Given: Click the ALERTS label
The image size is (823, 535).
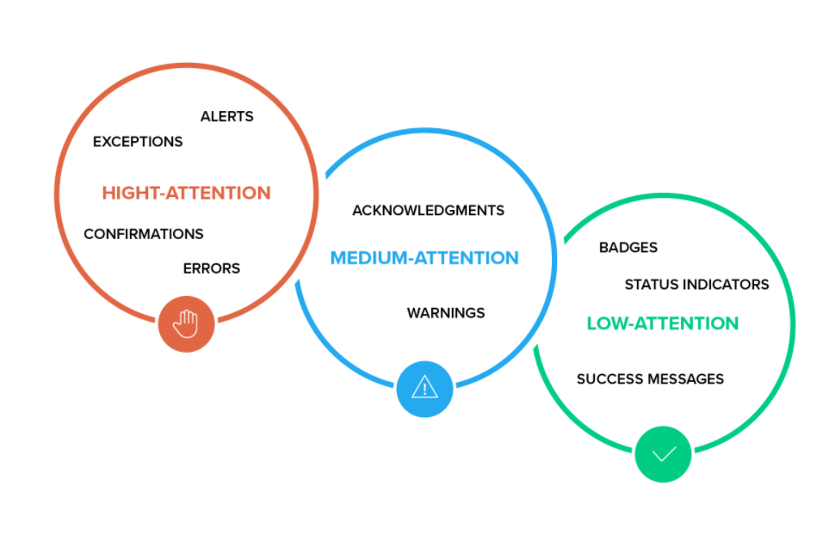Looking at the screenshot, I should point(226,116).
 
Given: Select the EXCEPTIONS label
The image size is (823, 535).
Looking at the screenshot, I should point(138,141).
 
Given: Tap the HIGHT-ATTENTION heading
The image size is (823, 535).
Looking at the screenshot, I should point(186,193).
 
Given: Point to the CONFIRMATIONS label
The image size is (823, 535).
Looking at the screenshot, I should point(144,234).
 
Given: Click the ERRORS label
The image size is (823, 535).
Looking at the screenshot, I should point(211,268).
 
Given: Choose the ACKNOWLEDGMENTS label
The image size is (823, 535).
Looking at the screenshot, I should point(428,210).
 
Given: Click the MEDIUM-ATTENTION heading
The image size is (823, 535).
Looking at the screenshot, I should point(424,257).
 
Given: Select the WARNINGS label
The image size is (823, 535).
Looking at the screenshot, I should point(446,313).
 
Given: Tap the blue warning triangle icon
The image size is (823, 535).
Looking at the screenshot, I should point(424,388).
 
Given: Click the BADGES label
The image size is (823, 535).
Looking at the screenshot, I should point(628,248).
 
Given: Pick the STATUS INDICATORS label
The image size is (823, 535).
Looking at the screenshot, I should point(696,284).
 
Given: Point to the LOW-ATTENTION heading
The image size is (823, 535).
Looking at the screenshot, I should point(662,323).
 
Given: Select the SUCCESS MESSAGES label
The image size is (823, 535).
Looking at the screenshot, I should point(650,378).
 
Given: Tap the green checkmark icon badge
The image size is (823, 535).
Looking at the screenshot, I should point(663,453).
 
